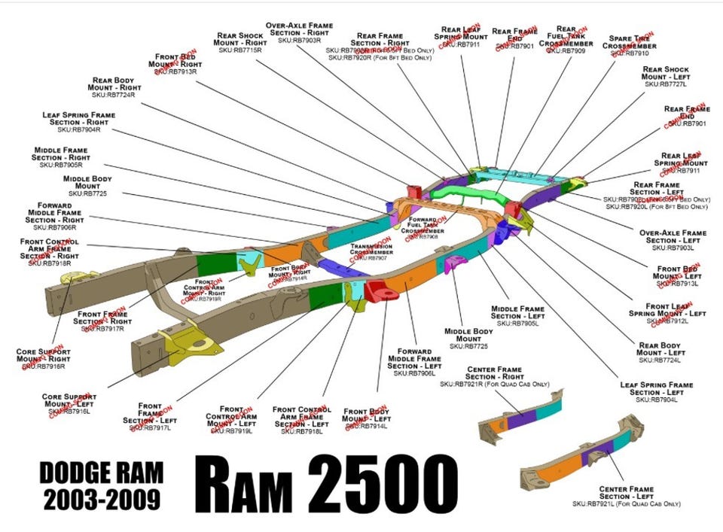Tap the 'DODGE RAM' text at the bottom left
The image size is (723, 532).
[x=100, y=473]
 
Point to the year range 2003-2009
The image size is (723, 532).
[x=100, y=497]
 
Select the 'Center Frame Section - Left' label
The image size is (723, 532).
[x=626, y=493]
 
